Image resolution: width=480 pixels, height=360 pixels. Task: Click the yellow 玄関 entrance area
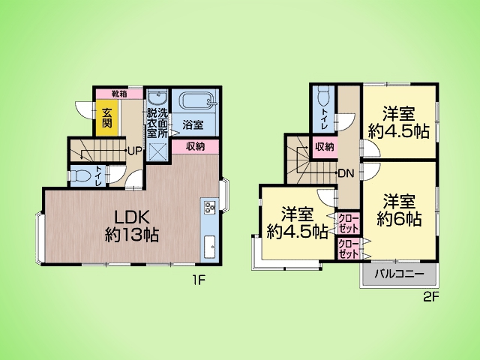coord(106,118)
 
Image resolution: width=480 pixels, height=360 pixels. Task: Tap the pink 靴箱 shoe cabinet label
coord(119,94)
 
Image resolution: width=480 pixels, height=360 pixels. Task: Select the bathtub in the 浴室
coord(196,101)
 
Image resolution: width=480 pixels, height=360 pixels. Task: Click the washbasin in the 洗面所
coord(157,98)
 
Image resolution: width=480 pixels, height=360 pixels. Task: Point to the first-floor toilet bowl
coord(80,175)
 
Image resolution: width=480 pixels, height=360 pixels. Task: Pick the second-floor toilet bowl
coord(323,96)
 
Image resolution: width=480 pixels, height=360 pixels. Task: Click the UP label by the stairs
coord(134,151)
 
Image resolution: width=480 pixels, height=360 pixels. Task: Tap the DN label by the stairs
coord(346,174)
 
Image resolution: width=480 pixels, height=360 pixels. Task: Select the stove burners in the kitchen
coord(210,207)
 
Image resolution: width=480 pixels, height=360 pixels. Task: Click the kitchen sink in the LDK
coord(210,247)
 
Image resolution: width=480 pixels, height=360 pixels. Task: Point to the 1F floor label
coord(198,280)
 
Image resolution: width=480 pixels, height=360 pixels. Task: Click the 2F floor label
coord(431,298)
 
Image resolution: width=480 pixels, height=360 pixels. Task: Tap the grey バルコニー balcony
coord(399,274)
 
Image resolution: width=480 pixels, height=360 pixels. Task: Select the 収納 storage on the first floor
coord(195,147)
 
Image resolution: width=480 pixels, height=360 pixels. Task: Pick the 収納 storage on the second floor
coord(325,147)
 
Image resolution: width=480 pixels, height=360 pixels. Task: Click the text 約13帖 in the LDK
coord(132,235)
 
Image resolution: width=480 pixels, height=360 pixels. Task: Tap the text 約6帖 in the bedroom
coord(399,219)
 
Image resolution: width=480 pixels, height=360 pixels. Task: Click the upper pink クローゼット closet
coord(348,223)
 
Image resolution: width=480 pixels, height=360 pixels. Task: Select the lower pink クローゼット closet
coord(348,249)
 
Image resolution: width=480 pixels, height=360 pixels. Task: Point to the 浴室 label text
coord(193,124)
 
